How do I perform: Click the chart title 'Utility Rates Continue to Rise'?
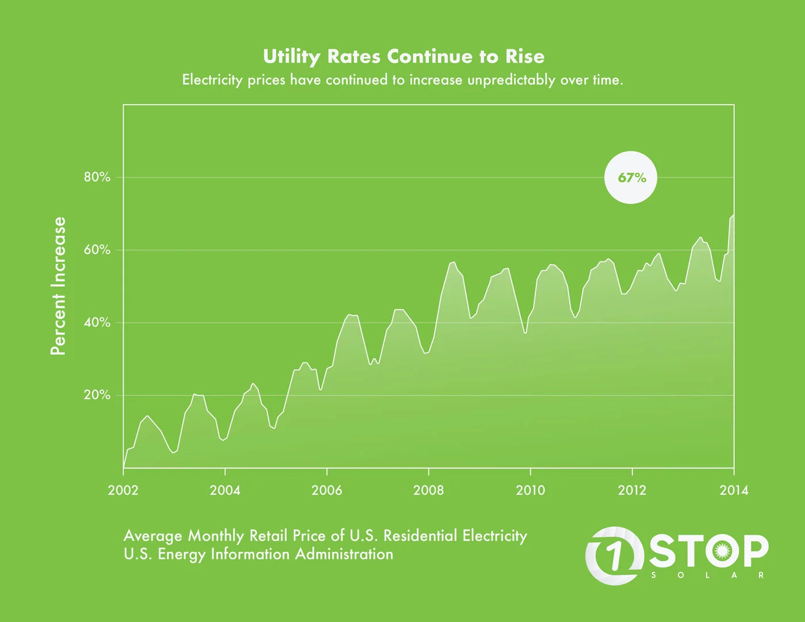(x=404, y=56)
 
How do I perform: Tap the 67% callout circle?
(x=631, y=178)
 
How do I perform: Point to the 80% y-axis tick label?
(x=97, y=177)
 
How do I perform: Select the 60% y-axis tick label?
(x=97, y=250)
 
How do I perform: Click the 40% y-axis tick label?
(x=97, y=322)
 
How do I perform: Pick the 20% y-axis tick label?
(x=97, y=395)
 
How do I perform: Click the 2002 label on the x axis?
(x=123, y=490)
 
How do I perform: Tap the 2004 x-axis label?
(x=225, y=490)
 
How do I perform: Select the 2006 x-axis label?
(x=327, y=490)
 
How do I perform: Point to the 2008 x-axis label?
(x=428, y=490)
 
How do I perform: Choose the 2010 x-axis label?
(x=530, y=490)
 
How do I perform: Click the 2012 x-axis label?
(x=632, y=490)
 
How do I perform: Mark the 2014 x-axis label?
(x=734, y=490)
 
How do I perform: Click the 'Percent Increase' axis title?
(x=58, y=286)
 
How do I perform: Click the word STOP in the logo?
(x=709, y=551)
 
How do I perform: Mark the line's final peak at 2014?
(x=733, y=216)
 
